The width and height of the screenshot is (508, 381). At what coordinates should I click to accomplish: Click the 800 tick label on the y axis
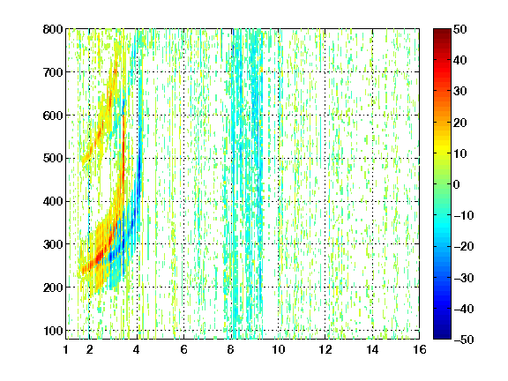coord(53,29)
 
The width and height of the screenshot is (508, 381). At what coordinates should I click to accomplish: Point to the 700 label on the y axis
coord(53,72)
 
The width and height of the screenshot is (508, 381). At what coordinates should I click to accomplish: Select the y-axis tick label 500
coord(53,159)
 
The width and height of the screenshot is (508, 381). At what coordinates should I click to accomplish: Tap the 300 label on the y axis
coord(53,244)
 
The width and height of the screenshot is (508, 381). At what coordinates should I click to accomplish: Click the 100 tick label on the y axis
coord(53,331)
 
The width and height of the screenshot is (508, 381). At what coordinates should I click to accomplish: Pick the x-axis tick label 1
coord(66,349)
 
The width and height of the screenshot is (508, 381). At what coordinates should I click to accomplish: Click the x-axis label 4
coord(137,349)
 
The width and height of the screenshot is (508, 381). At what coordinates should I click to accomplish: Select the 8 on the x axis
coord(231,349)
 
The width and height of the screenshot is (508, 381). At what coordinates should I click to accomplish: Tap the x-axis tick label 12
coord(325,349)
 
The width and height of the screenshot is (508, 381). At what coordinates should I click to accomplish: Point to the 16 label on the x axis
coord(420,349)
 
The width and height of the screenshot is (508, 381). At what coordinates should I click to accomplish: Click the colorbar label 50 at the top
coord(460,29)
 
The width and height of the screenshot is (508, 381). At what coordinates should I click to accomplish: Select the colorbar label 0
coord(457,184)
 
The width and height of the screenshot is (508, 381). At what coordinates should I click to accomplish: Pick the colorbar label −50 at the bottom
coord(464,340)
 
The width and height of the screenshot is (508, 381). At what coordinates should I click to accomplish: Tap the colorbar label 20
coord(460,123)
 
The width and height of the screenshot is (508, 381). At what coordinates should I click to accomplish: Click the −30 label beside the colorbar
coord(464,278)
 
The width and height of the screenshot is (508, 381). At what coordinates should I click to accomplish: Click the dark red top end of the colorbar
coord(442,32)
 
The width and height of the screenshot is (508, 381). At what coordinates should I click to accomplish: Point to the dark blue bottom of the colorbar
coord(442,336)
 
